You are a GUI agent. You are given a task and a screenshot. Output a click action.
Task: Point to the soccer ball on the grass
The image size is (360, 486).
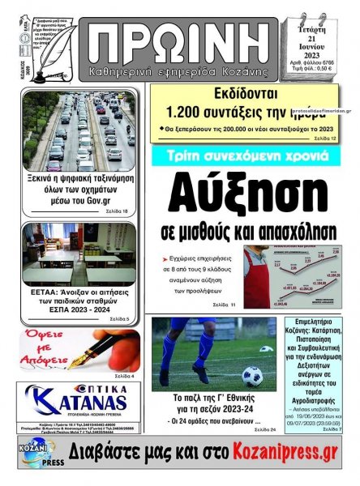click(x=253, y=376)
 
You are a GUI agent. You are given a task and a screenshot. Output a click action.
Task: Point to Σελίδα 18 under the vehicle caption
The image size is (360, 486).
click(x=115, y=211)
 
